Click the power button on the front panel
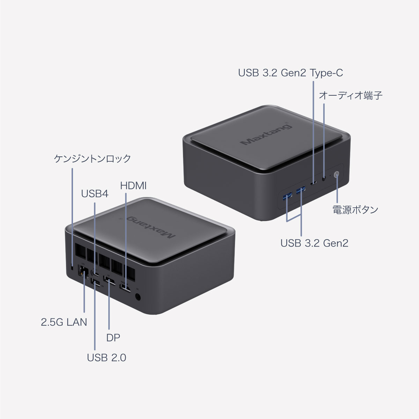click(336, 175)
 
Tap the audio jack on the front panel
click(324, 179)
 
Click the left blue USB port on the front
click(287, 196)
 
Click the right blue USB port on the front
click(301, 190)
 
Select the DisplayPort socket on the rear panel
click(109, 281)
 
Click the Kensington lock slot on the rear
click(72, 267)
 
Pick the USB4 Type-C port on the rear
click(95, 273)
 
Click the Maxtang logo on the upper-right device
click(266, 134)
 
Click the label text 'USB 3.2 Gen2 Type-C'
click(291, 73)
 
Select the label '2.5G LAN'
click(64, 322)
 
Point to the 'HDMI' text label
click(133, 186)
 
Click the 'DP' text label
click(113, 338)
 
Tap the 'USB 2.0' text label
click(106, 358)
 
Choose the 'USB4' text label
click(95, 194)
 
